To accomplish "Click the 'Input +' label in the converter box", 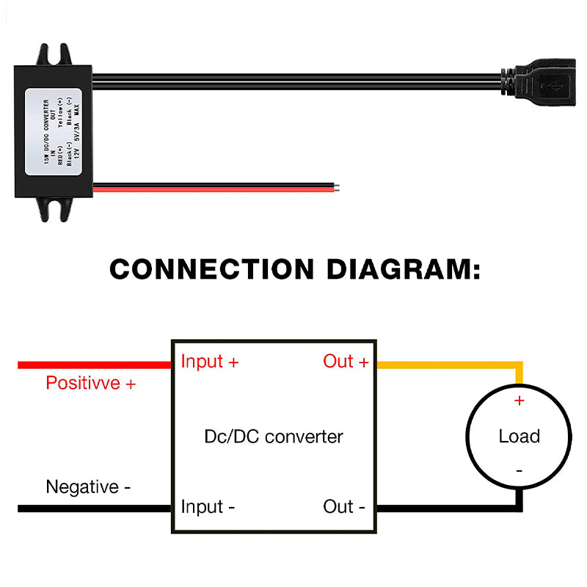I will [x=209, y=362].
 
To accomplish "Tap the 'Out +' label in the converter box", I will [x=346, y=362].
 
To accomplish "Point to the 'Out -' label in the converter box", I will [x=344, y=507].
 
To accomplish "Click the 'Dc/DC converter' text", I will [x=273, y=437].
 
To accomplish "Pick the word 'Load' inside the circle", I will [x=519, y=437].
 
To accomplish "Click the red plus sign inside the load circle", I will [x=519, y=401].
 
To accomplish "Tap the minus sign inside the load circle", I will [x=519, y=470].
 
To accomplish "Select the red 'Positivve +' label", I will [x=90, y=383].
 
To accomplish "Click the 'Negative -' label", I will [x=88, y=487].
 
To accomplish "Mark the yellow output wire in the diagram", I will [x=448, y=365].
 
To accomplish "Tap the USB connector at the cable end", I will [x=543, y=86].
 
